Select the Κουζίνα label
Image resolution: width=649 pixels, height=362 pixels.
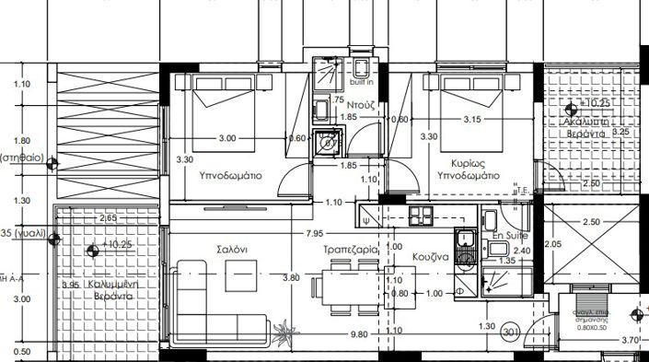click(430, 258)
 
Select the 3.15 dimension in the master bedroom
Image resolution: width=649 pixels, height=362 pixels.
click(473, 120)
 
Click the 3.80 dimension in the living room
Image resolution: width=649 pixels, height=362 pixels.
click(291, 277)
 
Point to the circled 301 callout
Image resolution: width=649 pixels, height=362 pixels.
click(513, 329)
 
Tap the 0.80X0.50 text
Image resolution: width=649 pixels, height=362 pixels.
click(592, 326)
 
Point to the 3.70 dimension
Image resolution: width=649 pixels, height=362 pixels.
click(631, 341)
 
